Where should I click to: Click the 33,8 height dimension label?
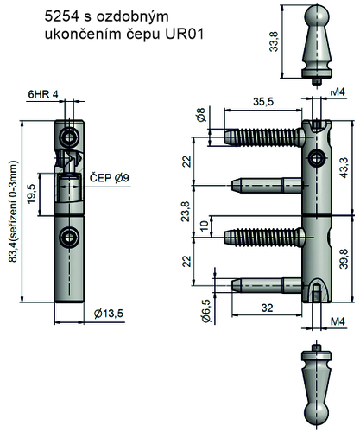click(274, 41)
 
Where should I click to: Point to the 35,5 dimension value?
click(263, 102)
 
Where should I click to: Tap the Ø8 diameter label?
click(201, 114)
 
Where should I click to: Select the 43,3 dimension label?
click(344, 168)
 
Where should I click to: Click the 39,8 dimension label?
click(344, 258)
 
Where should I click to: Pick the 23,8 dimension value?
click(186, 212)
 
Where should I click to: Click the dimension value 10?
click(204, 226)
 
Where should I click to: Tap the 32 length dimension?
click(267, 308)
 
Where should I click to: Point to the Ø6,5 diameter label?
click(206, 311)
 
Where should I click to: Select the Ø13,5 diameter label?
click(109, 313)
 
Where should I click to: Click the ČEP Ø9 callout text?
click(110, 178)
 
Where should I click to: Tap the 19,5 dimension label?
click(31, 194)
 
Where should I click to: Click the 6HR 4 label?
click(43, 94)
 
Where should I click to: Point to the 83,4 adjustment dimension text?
click(13, 211)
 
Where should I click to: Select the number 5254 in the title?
click(62, 16)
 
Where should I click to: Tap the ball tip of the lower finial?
click(317, 415)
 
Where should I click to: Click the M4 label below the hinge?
click(338, 321)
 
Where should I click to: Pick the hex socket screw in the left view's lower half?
click(69, 237)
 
